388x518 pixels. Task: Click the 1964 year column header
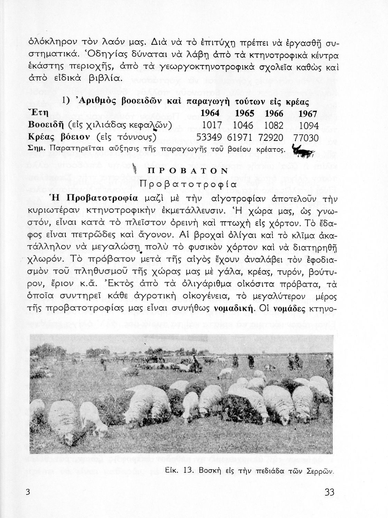coord(210,114)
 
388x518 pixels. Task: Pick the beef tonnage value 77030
coord(306,138)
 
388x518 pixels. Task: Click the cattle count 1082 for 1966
coord(274,125)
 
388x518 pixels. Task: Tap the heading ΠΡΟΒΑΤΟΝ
coord(188,171)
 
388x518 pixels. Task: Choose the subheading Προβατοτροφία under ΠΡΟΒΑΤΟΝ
coord(188,184)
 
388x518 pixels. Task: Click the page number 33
coord(330,492)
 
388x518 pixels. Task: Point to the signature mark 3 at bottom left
coord(28,492)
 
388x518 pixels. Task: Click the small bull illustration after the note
coord(302,152)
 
